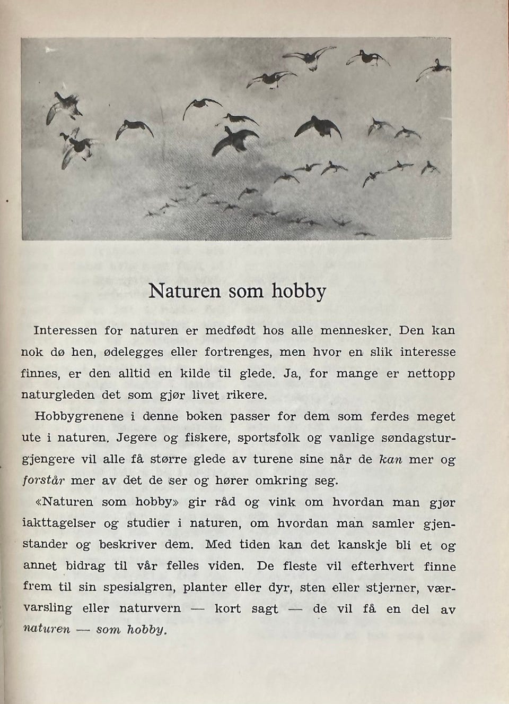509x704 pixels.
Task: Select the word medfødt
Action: coord(230,330)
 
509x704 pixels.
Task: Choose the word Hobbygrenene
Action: coord(78,417)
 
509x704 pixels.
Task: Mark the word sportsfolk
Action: coord(268,439)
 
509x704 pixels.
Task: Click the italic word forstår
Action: coord(43,482)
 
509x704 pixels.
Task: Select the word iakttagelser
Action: coord(59,524)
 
